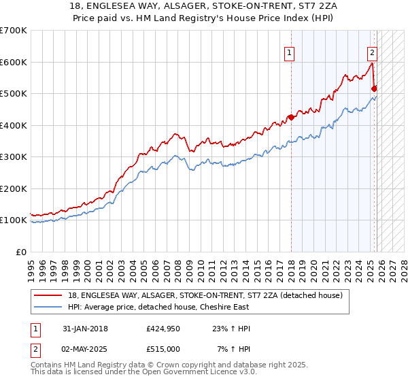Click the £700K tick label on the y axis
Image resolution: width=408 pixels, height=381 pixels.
(14, 31)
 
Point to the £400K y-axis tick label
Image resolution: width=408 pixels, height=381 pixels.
(14, 125)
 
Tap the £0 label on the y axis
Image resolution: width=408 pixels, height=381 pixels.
(21, 252)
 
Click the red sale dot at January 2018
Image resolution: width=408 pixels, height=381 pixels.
(291, 117)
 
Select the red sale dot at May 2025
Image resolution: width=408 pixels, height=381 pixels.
(374, 88)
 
